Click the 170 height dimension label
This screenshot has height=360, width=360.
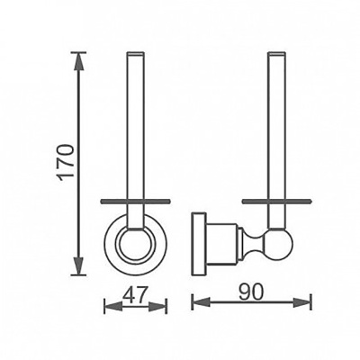[66, 162]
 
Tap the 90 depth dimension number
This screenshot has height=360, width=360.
[251, 292]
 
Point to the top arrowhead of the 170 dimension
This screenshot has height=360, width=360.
[79, 62]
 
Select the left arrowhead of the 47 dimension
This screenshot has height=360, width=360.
[113, 306]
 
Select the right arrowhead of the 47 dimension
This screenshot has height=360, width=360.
[157, 306]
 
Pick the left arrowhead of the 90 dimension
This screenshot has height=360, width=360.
[202, 302]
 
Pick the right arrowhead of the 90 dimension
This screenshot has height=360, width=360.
[301, 302]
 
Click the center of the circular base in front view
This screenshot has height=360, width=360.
[135, 246]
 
